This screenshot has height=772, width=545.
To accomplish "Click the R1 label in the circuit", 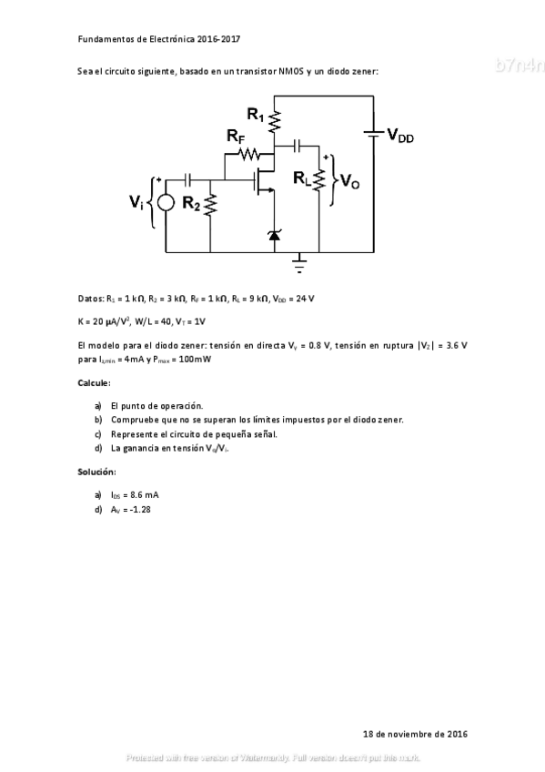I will tap(256, 115).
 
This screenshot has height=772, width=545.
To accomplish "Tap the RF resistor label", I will tap(236, 137).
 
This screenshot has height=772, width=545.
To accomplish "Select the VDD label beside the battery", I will tap(400, 136).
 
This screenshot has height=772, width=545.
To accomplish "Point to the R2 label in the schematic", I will tap(191, 203).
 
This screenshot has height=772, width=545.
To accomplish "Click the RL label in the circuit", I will tap(302, 180).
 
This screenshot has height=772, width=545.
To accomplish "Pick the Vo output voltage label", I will tap(350, 182).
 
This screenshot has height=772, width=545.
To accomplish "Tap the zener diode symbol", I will tap(276, 236).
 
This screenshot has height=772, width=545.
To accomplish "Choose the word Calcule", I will tap(94, 382).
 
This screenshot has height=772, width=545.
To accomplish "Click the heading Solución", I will tap(96, 472).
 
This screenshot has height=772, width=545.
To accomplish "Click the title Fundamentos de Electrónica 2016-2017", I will tap(159, 40).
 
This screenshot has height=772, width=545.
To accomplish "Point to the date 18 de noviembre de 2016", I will tap(415, 733).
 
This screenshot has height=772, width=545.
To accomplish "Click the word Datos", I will tap(91, 298).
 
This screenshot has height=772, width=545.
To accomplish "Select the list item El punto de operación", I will tap(156, 405).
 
